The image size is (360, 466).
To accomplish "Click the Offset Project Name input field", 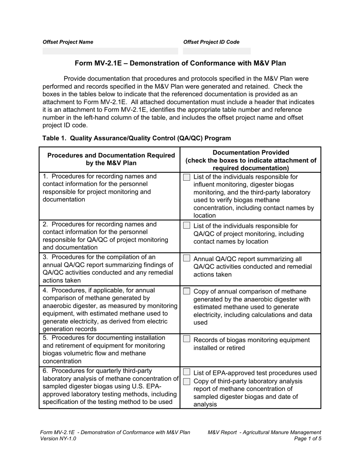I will [110, 51].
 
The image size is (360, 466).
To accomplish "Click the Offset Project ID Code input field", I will [217, 51].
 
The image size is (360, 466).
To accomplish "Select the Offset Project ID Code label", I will [211, 42].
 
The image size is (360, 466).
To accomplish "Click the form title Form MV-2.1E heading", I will [180, 63].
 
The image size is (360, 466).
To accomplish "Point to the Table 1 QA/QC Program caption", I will [136, 138].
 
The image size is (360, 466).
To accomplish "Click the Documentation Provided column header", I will [251, 160].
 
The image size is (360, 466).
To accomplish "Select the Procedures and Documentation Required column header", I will [111, 160].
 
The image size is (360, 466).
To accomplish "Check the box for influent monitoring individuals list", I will [186, 177].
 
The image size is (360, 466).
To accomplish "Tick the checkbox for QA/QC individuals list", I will [186, 226].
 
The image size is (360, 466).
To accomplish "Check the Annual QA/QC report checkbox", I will [186, 258].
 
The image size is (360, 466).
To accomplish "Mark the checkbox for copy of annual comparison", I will [186, 291].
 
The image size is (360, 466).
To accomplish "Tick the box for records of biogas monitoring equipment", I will [186, 339].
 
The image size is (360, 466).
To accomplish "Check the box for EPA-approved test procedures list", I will [186, 372].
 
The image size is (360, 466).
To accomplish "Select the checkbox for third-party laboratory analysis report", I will [186, 381].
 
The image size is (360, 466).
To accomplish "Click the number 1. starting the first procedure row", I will [45, 177].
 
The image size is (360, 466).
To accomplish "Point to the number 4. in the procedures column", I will [45, 291].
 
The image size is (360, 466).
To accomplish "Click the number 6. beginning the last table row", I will [45, 371].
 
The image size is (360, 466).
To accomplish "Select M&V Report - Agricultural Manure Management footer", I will [264, 432].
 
